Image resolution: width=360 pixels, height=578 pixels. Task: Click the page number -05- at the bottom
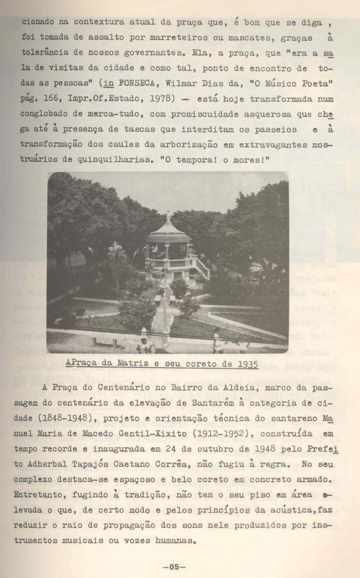(174, 566)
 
